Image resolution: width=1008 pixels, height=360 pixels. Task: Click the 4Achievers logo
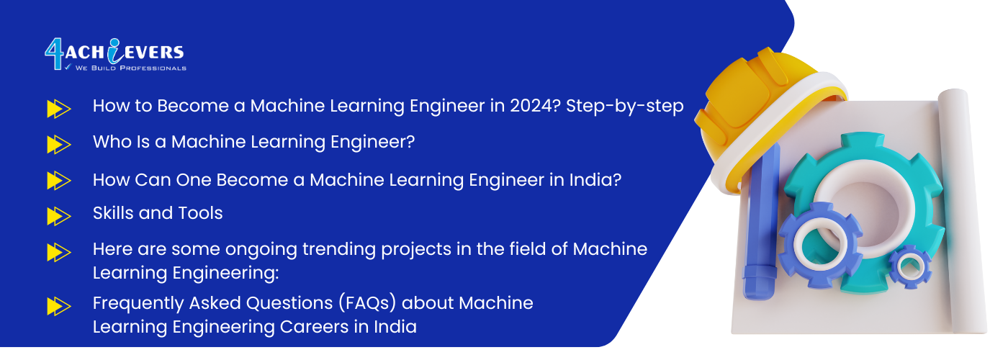[x=115, y=55]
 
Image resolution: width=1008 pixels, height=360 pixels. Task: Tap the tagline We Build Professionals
[x=130, y=68]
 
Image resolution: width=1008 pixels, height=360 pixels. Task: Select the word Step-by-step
[x=625, y=107]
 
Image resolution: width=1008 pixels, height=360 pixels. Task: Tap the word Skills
[x=113, y=213]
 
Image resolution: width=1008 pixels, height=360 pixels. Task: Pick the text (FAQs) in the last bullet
[x=367, y=303]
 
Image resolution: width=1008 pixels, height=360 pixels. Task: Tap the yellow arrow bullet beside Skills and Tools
[x=59, y=216]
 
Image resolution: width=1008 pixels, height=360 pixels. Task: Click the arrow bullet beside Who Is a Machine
[x=59, y=145]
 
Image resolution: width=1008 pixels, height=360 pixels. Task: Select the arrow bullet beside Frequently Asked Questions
[x=59, y=307]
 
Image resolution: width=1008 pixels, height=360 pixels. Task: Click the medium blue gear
[x=820, y=246]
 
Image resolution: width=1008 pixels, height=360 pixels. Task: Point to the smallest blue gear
[x=910, y=267]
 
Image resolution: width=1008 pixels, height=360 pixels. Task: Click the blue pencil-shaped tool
[x=760, y=225]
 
